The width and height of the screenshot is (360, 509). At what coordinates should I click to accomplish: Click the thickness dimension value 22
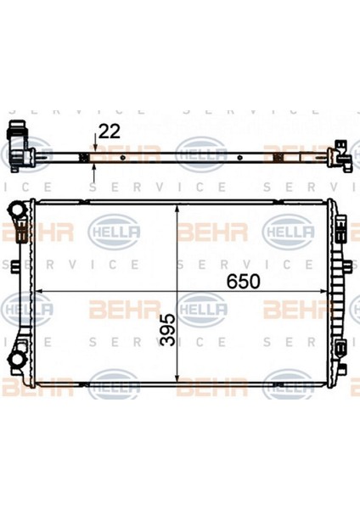tap(110, 131)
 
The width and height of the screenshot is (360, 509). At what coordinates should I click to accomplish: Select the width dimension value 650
tap(244, 282)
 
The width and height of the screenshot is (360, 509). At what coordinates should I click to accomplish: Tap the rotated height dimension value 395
tap(168, 329)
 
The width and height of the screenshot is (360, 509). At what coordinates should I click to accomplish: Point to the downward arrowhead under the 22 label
tap(94, 148)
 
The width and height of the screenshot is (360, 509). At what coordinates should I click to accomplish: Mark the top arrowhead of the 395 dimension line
tap(177, 209)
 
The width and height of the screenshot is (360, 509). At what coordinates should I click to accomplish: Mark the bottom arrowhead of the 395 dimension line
tap(177, 378)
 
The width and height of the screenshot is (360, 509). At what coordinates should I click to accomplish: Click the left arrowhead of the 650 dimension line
tap(39, 291)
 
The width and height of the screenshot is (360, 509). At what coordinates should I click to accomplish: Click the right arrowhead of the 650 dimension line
tap(323, 291)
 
